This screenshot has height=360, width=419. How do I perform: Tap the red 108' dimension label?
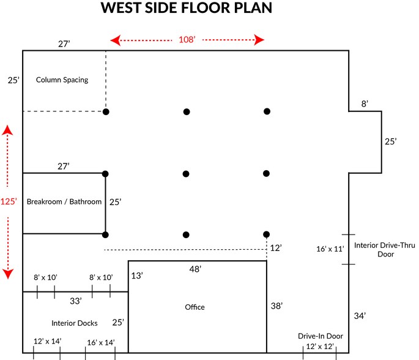[187, 40]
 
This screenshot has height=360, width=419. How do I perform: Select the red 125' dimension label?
[8, 201]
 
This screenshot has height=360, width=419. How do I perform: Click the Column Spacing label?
[62, 80]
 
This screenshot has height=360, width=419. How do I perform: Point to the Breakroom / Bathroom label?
[64, 201]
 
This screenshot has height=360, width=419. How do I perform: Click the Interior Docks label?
[75, 323]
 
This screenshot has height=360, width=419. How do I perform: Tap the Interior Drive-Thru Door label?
[384, 250]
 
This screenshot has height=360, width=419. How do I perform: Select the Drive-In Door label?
[321, 336]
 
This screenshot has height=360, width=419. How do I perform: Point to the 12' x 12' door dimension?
[321, 347]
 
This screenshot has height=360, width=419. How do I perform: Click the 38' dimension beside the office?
[276, 306]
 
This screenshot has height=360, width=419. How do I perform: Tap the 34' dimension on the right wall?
[360, 316]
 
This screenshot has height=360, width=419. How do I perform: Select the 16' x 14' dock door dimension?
[101, 342]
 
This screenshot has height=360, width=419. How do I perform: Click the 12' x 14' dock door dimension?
[47, 342]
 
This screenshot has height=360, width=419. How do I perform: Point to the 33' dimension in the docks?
[75, 301]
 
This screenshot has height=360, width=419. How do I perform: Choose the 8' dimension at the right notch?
[365, 104]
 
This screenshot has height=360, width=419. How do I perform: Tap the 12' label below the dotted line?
[276, 248]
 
